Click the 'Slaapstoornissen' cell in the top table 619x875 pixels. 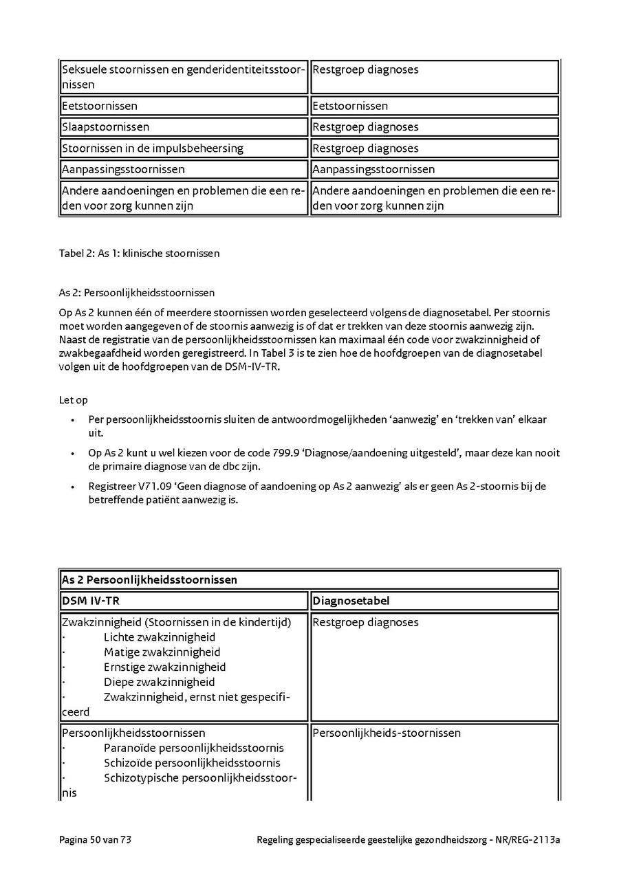105,127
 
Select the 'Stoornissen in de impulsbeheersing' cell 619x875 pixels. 153,148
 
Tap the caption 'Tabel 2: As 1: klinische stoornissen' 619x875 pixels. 140,254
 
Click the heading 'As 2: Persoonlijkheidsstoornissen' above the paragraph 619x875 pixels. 137,293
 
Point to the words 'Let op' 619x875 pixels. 74,400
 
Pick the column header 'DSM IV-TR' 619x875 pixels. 91,601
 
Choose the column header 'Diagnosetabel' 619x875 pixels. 351,601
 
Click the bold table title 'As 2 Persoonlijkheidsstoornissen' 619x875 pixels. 149,580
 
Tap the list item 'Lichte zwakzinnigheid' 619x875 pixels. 160,637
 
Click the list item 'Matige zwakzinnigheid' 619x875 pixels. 162,652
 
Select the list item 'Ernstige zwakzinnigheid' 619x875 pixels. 165,667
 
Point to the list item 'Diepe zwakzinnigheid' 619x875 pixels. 159,683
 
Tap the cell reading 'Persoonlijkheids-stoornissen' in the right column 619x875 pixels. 387,733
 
